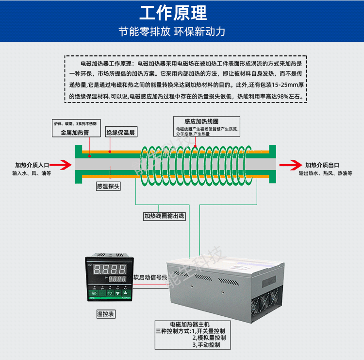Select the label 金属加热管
75,132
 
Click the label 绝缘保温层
120,132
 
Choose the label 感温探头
108,186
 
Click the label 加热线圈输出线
164,216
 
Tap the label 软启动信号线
150,277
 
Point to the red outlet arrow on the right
289,165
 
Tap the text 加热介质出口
322,165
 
